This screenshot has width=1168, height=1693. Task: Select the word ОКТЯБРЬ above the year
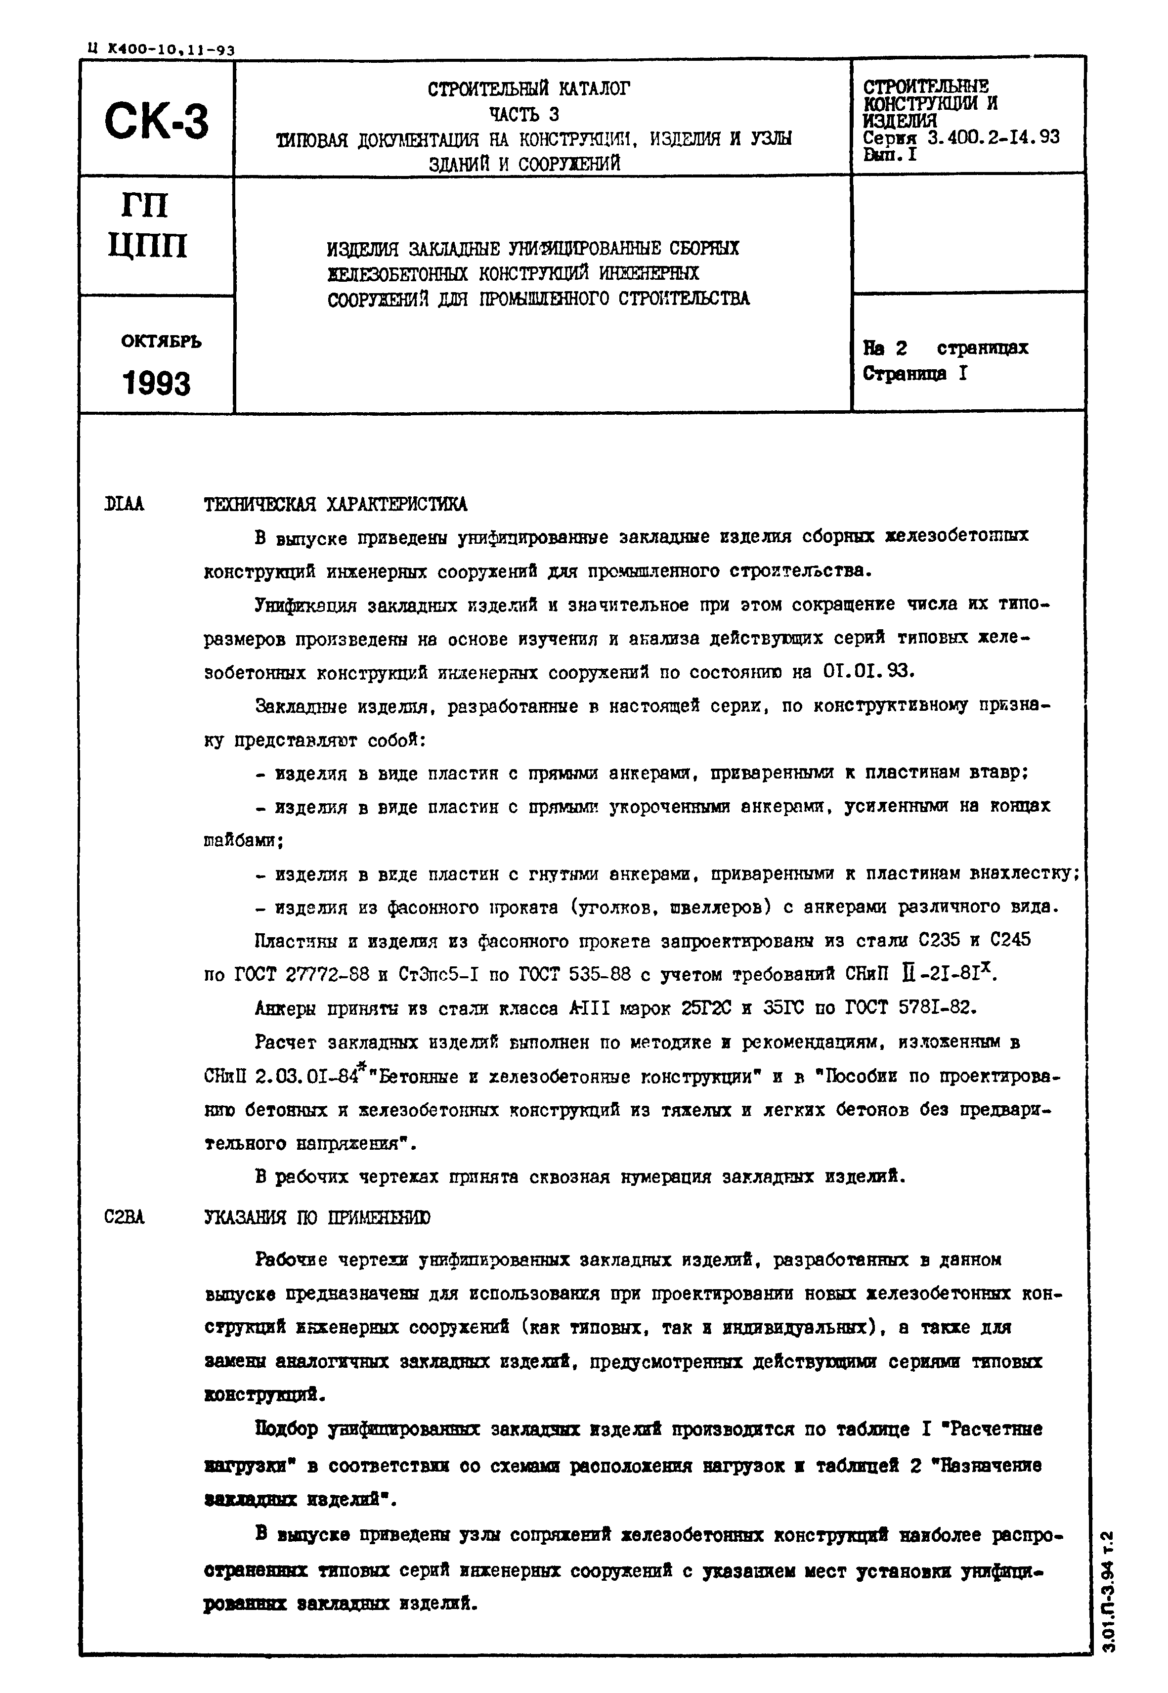161,341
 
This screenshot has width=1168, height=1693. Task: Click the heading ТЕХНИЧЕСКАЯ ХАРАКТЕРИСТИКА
335,504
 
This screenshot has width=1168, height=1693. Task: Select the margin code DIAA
125,504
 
